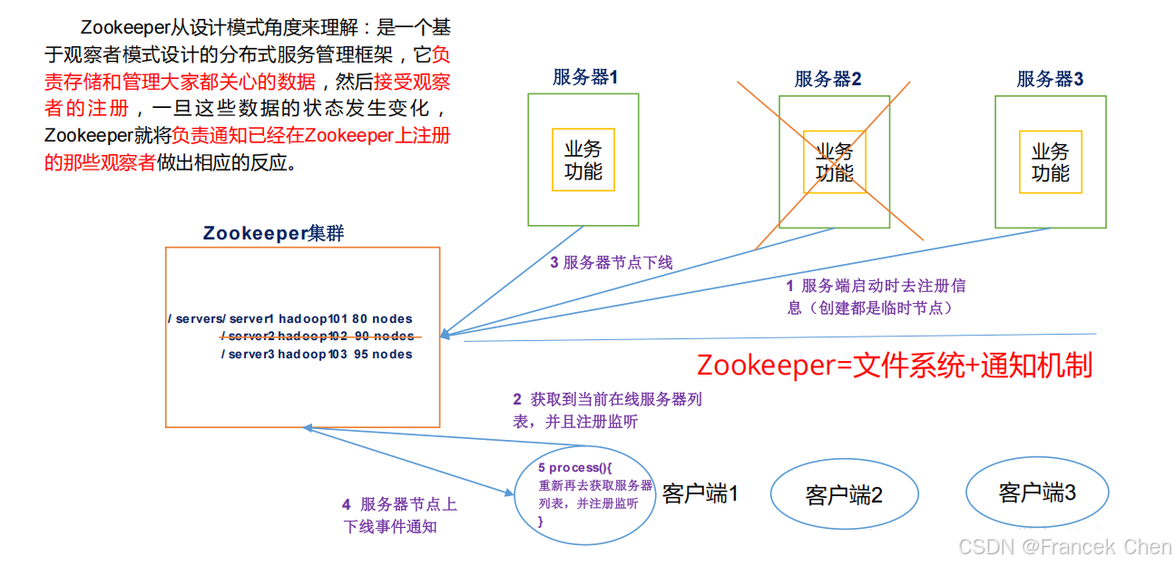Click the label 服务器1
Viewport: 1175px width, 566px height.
584,77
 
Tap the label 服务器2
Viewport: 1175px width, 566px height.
827,79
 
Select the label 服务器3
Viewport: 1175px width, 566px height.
1050,79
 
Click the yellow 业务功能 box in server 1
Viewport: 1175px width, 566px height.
583,160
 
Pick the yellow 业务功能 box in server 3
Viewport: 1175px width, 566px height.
1050,161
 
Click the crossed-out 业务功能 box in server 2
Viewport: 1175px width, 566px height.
834,161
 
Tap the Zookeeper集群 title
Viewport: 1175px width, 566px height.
273,233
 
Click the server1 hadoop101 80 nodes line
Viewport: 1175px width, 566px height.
290,319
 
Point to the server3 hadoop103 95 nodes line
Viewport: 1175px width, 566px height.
317,355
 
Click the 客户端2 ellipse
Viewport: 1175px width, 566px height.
844,495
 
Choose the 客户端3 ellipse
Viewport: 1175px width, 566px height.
1037,493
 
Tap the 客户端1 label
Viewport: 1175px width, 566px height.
700,493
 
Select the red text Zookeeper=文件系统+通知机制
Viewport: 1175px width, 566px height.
894,366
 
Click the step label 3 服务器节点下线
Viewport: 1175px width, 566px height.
612,263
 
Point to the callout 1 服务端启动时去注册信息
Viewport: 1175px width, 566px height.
876,297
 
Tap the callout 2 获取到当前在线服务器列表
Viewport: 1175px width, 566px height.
606,410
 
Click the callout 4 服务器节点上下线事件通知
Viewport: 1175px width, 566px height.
399,515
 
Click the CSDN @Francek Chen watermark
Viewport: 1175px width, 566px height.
1064,547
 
